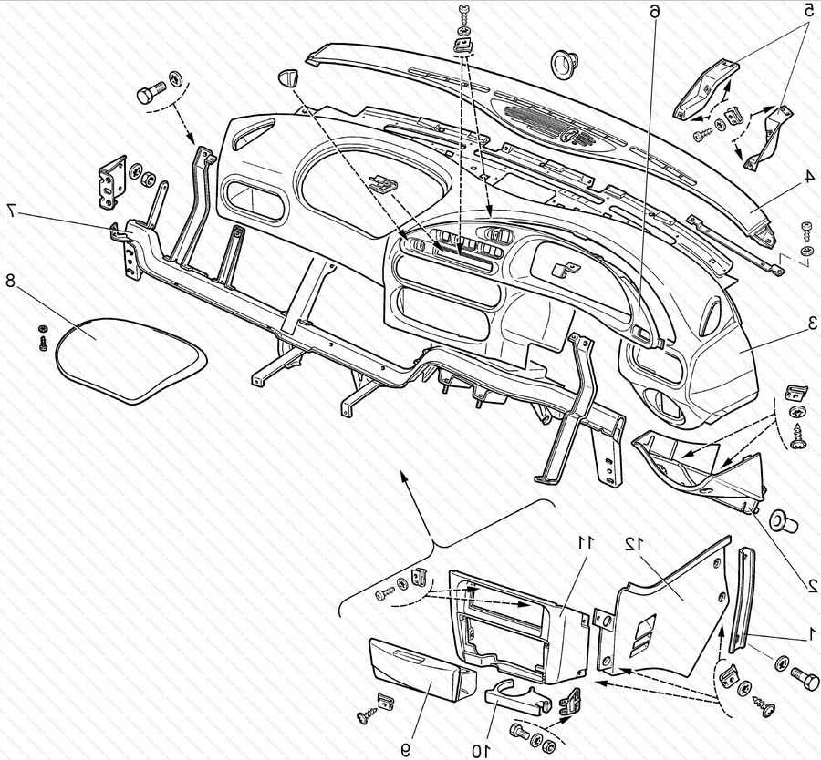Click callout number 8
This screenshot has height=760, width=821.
(x=11, y=282)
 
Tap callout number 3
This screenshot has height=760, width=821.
(x=810, y=322)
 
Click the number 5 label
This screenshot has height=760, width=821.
(x=808, y=11)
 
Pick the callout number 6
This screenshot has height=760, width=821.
(x=653, y=11)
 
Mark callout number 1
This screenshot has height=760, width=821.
(x=809, y=637)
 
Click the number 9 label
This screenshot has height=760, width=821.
(x=404, y=749)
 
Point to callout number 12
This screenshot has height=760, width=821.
(x=633, y=543)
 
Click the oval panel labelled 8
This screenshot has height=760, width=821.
(x=128, y=358)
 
